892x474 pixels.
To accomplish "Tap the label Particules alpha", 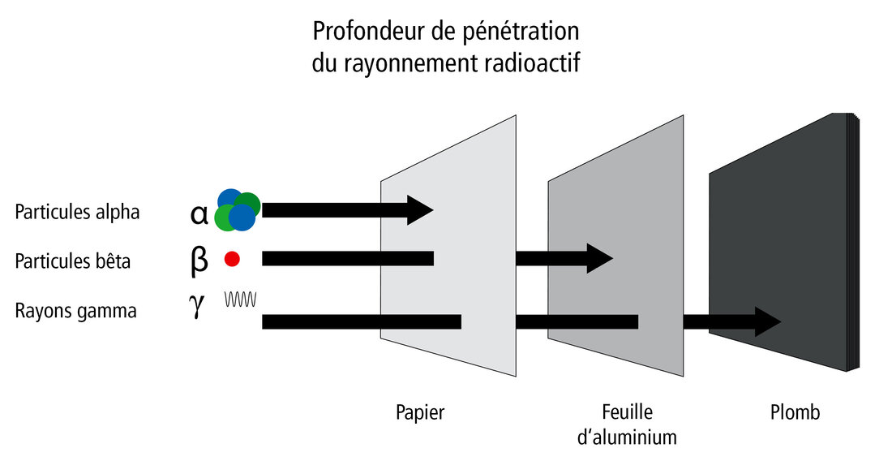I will [77, 212].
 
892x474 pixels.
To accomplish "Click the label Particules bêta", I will [72, 261].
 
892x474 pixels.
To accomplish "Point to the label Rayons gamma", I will [75, 310].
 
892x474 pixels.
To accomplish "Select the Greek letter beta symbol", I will [199, 261].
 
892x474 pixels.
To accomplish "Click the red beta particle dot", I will [232, 259].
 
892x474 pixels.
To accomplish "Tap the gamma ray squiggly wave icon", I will [241, 299].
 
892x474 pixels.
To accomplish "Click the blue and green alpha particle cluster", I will [238, 210].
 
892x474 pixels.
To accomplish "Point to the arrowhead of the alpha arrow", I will [422, 210].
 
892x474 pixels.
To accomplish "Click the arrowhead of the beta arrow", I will [599, 259].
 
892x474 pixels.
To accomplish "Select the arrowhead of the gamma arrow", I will [767, 322].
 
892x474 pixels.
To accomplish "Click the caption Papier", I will [420, 412].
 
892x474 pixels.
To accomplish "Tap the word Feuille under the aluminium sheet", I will [627, 412].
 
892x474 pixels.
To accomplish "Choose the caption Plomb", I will [795, 412].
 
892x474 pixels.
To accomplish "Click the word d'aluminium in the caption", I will [627, 437].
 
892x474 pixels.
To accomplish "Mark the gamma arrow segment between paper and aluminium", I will [576, 322].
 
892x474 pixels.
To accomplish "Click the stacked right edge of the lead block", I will [852, 243].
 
